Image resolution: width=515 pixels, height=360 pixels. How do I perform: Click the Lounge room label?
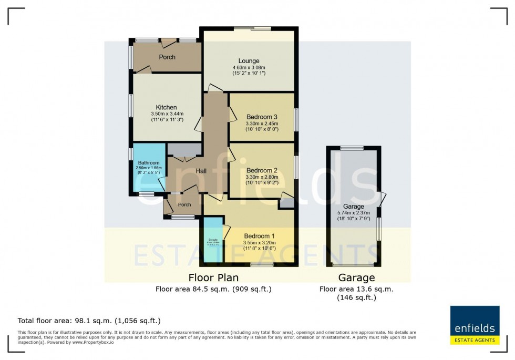(x=249, y=61)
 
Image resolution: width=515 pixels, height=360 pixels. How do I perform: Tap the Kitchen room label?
(x=166, y=107)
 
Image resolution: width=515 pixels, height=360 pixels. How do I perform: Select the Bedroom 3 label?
(x=262, y=117)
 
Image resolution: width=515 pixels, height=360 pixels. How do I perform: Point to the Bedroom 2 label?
(x=262, y=170)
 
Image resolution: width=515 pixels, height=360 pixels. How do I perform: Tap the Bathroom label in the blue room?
(x=145, y=163)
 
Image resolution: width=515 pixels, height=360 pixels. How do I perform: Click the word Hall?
(x=201, y=171)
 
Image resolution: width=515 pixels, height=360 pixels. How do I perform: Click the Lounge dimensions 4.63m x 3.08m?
(x=249, y=68)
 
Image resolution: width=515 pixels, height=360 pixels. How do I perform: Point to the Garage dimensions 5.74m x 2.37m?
(x=354, y=213)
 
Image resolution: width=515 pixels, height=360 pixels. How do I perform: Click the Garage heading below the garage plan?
(x=356, y=277)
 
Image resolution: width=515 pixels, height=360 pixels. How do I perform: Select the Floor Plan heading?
(x=213, y=277)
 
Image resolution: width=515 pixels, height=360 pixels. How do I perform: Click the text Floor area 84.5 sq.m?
(x=213, y=289)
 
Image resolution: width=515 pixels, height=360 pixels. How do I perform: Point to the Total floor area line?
(x=89, y=321)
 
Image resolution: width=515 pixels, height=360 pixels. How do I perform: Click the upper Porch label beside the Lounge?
(x=167, y=57)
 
